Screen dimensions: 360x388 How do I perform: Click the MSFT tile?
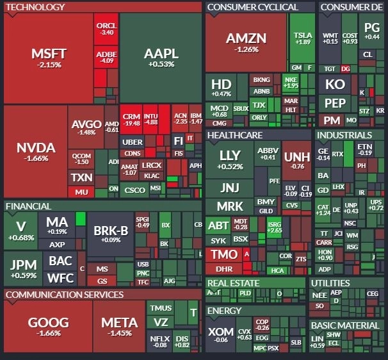click(x=49, y=58)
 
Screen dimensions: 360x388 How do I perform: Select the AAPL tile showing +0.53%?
click(x=161, y=58)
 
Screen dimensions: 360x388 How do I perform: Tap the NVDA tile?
click(x=36, y=152)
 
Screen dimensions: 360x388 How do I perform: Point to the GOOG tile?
click(x=48, y=327)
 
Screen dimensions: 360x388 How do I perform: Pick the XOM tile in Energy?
click(x=220, y=335)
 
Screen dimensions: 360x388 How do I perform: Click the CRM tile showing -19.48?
click(x=131, y=119)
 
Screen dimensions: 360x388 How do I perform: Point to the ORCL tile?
click(x=106, y=29)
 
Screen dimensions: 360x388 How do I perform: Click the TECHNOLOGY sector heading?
click(x=35, y=7)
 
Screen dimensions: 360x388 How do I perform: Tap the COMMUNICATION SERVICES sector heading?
click(x=64, y=295)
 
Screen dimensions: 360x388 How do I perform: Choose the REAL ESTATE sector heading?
click(x=233, y=283)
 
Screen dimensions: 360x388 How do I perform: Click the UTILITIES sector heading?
click(x=330, y=283)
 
